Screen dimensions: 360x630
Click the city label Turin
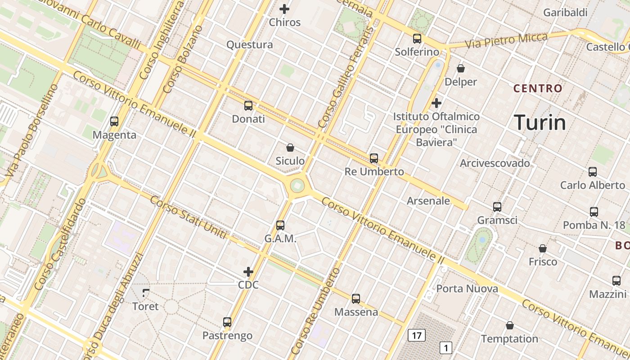pos(540,122)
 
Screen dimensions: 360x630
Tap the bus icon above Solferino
pos(417,39)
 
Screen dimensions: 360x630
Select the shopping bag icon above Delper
pos(461,68)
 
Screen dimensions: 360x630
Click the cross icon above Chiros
pos(284,9)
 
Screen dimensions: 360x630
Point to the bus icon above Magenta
pos(114,121)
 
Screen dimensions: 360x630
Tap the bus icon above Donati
pos(248,106)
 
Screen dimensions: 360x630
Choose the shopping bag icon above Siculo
pos(290,147)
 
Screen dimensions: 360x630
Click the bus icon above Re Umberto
pos(374,158)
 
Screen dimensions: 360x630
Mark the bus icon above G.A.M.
pos(280,225)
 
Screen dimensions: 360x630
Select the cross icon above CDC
pos(248,271)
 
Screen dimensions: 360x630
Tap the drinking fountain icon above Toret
pos(145,293)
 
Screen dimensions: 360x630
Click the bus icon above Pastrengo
pos(227,322)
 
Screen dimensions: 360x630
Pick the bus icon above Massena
pos(356,298)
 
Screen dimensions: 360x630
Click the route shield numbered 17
pos(417,335)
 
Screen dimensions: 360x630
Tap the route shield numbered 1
pos(445,348)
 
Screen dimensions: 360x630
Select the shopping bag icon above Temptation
pos(510,325)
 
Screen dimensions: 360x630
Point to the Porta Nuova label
pos(467,288)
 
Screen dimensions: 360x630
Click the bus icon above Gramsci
pos(497,207)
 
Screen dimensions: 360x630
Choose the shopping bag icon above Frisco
pos(543,248)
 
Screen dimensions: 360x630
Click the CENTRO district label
pos(538,88)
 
